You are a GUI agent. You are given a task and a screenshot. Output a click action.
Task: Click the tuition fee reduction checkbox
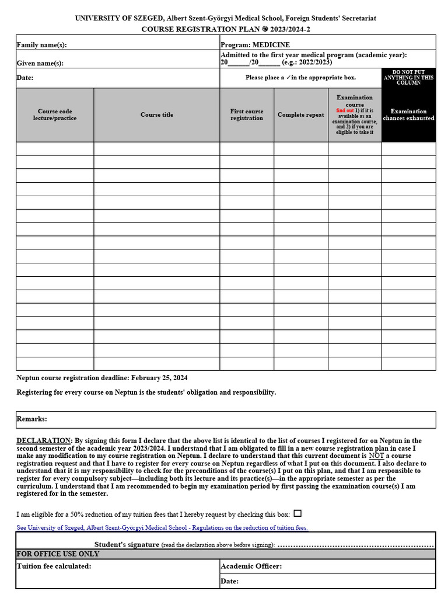297,514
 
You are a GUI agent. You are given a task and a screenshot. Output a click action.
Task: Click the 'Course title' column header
157,114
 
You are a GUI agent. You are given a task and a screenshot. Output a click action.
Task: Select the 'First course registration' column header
247,114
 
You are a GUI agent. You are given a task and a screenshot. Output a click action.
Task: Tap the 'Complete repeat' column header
300,114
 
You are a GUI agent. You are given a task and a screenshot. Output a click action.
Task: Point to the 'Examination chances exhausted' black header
408,114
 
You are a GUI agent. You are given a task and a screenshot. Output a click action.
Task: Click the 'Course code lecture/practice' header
55,114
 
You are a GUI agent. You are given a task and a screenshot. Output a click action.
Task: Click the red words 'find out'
345,110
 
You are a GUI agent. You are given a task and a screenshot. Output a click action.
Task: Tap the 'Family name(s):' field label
41,45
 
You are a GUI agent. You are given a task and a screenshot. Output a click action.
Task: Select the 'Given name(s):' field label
40,63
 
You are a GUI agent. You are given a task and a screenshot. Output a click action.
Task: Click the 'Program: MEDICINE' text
255,45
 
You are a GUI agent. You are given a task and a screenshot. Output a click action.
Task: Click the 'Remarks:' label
32,419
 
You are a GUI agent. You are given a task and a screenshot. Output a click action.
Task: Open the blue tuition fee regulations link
162,527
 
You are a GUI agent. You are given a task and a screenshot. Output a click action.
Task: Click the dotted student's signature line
356,545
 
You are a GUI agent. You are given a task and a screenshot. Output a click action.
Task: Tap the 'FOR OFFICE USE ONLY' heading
58,554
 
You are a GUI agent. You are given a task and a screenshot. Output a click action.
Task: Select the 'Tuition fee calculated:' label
54,566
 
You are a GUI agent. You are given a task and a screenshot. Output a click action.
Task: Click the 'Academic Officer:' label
251,566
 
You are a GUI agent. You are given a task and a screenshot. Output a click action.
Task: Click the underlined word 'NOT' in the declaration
376,456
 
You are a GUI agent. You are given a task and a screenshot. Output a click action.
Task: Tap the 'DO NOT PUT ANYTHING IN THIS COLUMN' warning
408,77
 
